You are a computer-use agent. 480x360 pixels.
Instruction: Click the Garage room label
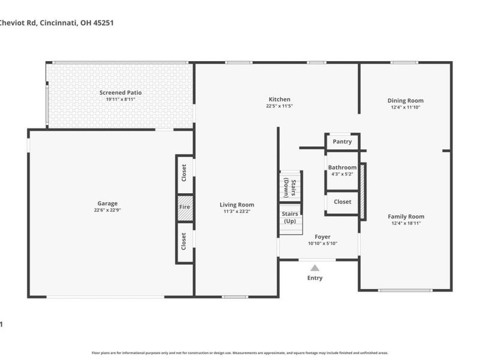point(107,203)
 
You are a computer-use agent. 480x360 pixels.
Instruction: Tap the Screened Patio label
point(121,93)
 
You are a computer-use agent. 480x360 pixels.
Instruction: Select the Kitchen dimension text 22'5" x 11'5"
point(280,106)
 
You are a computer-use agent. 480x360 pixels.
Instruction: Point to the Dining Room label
point(406,101)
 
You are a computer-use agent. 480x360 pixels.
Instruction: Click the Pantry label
point(342,142)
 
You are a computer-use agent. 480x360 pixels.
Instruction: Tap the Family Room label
point(406,217)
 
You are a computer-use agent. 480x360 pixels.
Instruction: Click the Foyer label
point(319,237)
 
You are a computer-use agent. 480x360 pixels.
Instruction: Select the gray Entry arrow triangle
point(314,268)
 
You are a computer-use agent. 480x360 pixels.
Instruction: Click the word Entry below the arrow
point(314,278)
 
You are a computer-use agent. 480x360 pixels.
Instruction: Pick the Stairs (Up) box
point(290,217)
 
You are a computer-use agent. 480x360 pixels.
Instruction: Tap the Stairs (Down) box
point(290,187)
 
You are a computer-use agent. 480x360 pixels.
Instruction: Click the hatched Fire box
point(185,207)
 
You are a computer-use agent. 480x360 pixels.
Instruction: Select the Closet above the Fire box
point(185,173)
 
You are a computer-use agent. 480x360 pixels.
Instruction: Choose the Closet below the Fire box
point(185,242)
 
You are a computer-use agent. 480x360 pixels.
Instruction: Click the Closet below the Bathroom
point(343,202)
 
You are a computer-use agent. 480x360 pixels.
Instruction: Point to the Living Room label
point(236,205)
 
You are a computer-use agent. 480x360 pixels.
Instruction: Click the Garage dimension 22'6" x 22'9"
point(107,211)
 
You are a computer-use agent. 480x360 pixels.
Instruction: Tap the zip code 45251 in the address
point(102,23)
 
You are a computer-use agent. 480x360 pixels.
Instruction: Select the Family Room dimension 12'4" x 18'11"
point(406,223)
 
